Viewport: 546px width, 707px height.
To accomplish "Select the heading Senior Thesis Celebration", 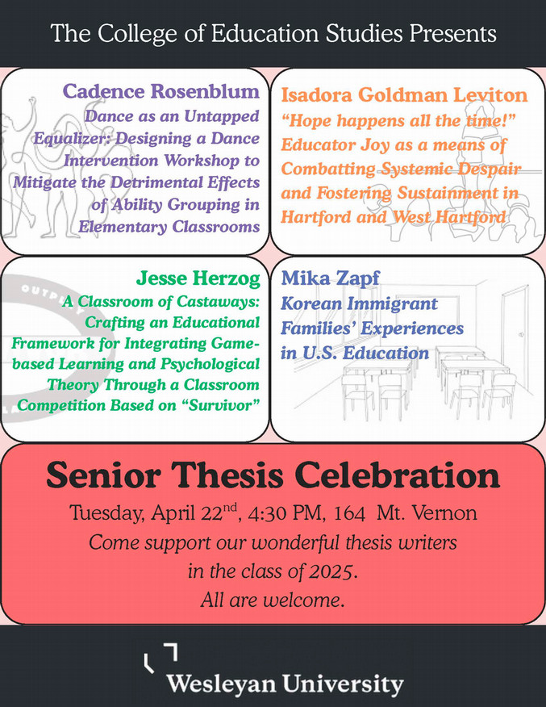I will [273, 476].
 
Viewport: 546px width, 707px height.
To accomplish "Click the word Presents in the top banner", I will [450, 34].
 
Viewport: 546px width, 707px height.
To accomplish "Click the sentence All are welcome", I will [273, 601].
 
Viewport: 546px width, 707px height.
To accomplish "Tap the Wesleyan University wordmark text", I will [285, 686].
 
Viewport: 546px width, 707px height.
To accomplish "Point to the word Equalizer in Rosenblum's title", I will [68, 139].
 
